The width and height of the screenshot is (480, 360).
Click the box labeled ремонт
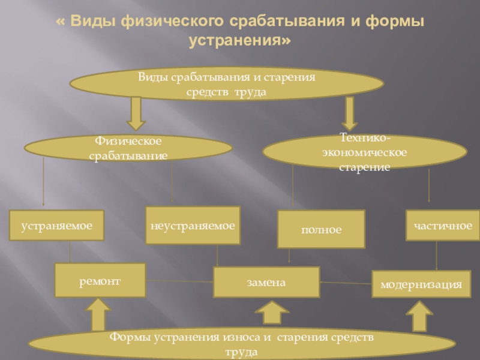pos(100,280)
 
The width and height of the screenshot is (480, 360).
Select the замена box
pos(266,282)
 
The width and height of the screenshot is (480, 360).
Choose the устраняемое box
pos(56,226)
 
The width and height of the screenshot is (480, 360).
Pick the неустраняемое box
pos(193,226)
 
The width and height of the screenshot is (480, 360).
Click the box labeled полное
pos(321,229)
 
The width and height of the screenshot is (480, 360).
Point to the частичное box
pos(442,225)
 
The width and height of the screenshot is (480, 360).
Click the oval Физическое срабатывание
pos(128,148)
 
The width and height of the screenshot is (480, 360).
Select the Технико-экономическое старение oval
pos(364,152)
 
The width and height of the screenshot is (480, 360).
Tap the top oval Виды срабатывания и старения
pos(227,85)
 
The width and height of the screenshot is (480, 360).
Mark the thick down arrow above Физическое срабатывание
pos(136,113)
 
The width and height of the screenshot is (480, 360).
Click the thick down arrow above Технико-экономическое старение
pos(350,113)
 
